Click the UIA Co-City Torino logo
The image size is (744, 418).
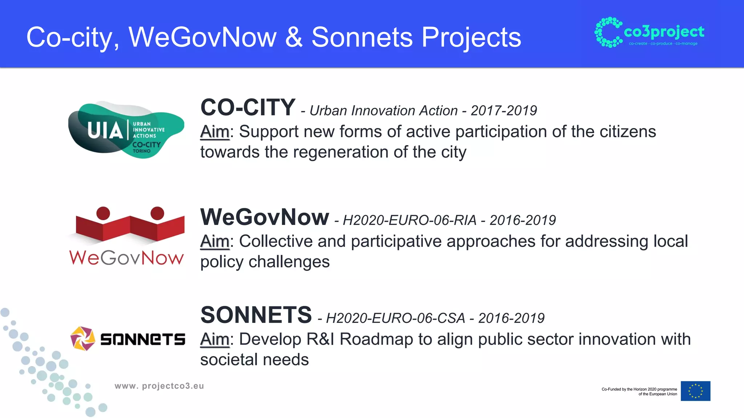point(126,130)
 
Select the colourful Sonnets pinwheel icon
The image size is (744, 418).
point(82,339)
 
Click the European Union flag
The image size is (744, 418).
point(695,391)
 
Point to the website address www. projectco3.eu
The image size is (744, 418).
point(159,386)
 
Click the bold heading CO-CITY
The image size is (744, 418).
point(248,108)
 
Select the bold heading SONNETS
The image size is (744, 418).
point(256,315)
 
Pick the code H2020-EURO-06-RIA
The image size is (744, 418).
point(409,220)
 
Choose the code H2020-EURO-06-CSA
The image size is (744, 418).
point(395,318)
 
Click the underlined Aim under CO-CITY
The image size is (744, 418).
point(215,132)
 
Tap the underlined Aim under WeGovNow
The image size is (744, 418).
point(215,241)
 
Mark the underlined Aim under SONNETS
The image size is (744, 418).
point(215,339)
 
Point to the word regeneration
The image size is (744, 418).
point(340,152)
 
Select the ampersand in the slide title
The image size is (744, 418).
point(294,37)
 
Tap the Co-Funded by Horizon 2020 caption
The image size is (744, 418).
point(639,392)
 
